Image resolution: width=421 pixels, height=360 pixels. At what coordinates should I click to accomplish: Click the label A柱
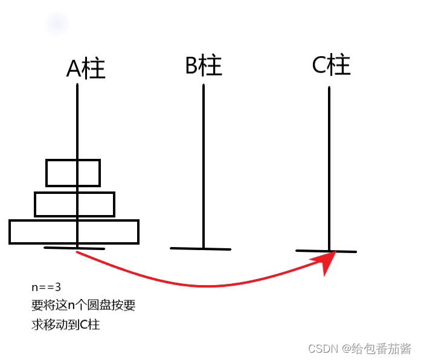[x=86, y=69]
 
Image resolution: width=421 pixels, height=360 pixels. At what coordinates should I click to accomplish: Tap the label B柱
[x=204, y=65]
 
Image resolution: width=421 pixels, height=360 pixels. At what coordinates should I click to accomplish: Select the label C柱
[x=331, y=65]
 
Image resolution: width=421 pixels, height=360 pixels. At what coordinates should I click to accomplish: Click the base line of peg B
[x=201, y=248]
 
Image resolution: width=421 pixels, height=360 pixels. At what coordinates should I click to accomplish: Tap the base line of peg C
[x=326, y=251]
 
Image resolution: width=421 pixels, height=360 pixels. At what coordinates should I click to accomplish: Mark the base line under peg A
[x=74, y=248]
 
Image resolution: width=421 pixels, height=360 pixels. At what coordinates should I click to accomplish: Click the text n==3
[x=46, y=287]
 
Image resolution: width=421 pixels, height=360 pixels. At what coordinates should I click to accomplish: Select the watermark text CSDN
[x=322, y=349]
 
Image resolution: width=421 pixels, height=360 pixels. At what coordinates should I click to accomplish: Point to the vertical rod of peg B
[x=204, y=163]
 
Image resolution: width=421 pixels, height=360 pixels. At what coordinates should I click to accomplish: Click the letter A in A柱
[x=74, y=69]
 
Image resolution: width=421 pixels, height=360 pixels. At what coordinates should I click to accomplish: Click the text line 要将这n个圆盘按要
[x=83, y=305]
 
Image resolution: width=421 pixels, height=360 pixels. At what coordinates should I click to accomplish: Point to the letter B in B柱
[x=193, y=65]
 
